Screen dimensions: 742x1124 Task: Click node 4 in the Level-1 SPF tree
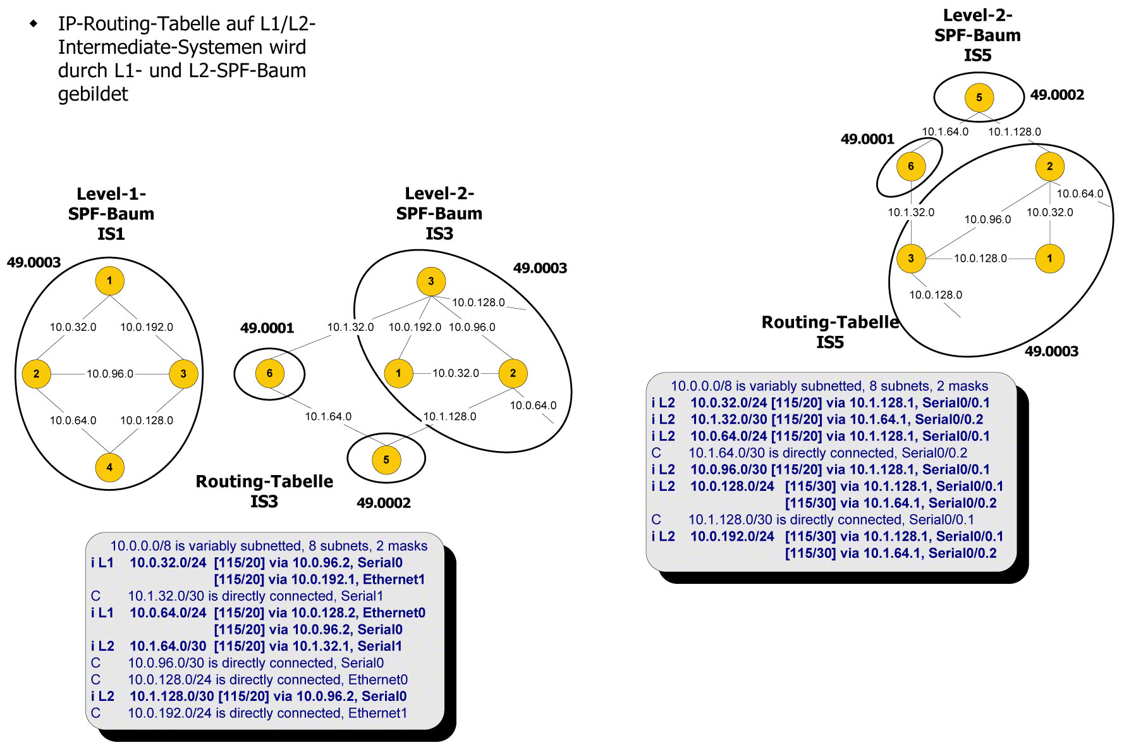pos(109,467)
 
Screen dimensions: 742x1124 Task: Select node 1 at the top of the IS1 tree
pos(109,281)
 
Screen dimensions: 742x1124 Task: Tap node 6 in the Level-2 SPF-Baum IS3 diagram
pos(269,373)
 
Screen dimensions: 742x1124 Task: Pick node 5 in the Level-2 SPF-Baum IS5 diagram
pos(979,97)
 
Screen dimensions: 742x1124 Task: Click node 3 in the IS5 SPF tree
pos(910,258)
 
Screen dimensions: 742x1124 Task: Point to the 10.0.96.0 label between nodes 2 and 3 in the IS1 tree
pos(110,374)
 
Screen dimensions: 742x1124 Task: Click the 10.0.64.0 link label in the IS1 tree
pos(73,420)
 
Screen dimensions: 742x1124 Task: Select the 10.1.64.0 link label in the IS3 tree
pos(328,416)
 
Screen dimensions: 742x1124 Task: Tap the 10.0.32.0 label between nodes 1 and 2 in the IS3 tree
pos(455,373)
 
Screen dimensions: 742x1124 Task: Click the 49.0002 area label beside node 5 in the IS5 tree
pos(1057,95)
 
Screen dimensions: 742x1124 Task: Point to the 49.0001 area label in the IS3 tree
pos(267,328)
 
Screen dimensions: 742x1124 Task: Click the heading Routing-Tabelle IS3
pos(264,491)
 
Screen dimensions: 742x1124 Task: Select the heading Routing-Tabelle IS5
pos(830,331)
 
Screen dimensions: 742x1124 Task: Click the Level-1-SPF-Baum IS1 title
pos(111,214)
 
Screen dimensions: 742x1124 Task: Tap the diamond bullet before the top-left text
pos(34,24)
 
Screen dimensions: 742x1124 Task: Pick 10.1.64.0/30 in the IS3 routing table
pos(168,646)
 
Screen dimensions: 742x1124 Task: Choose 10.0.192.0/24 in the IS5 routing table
pos(732,536)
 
